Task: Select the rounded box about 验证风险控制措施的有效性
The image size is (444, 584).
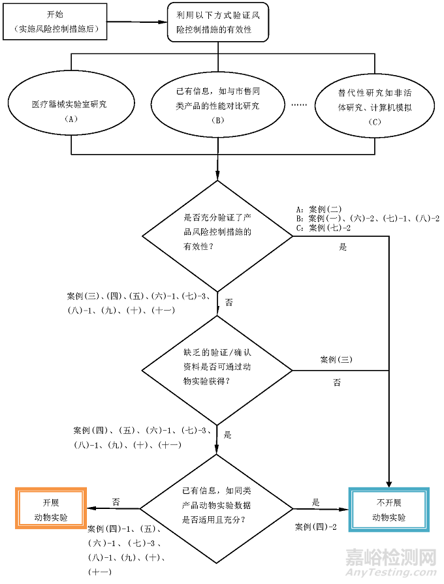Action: [x=217, y=22]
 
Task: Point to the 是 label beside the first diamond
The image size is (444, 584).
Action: [x=343, y=248]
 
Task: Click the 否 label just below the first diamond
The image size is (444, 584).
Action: [x=229, y=302]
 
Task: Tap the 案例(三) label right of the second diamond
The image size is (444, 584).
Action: [x=336, y=360]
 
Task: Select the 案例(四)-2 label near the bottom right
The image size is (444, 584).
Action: [x=316, y=527]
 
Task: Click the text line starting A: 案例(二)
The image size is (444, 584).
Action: [x=319, y=209]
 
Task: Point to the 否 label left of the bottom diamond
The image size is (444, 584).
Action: [x=116, y=502]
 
